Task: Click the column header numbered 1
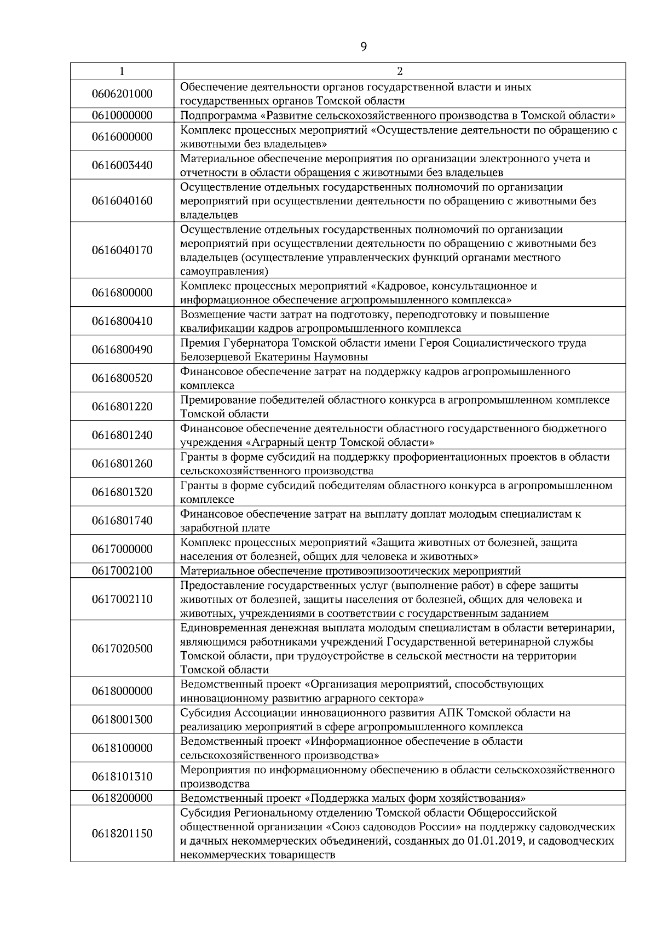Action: coord(122,71)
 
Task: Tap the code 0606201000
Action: coord(122,94)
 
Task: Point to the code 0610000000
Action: coord(122,116)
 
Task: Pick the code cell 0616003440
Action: coord(122,165)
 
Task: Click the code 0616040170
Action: coord(122,250)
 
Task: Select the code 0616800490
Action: coord(122,349)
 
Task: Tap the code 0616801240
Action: coord(122,435)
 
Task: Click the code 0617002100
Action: coord(122,571)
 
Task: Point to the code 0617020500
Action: coord(122,648)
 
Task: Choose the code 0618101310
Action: coord(122,777)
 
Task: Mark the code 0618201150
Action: coord(122,834)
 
